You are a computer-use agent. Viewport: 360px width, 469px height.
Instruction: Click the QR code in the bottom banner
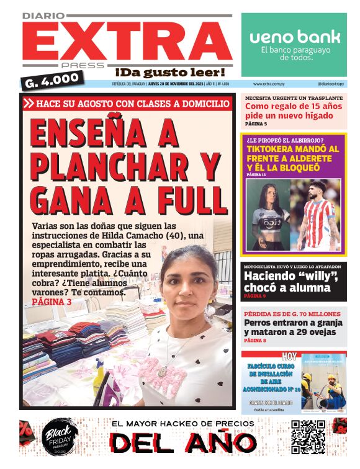click(x=308, y=437)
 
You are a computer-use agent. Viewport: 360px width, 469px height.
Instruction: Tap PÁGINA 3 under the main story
click(x=52, y=301)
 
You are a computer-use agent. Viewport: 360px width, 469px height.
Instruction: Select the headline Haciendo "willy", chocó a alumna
click(x=287, y=282)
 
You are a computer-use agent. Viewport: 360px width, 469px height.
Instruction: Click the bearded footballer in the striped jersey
click(x=317, y=214)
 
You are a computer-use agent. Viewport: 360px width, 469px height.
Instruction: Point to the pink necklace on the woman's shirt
click(x=163, y=370)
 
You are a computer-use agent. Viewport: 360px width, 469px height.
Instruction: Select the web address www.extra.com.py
click(x=269, y=83)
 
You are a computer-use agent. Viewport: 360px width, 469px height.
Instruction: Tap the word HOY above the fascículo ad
click(x=289, y=356)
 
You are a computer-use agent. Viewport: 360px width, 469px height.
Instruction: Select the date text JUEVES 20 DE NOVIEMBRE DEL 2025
click(x=179, y=83)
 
